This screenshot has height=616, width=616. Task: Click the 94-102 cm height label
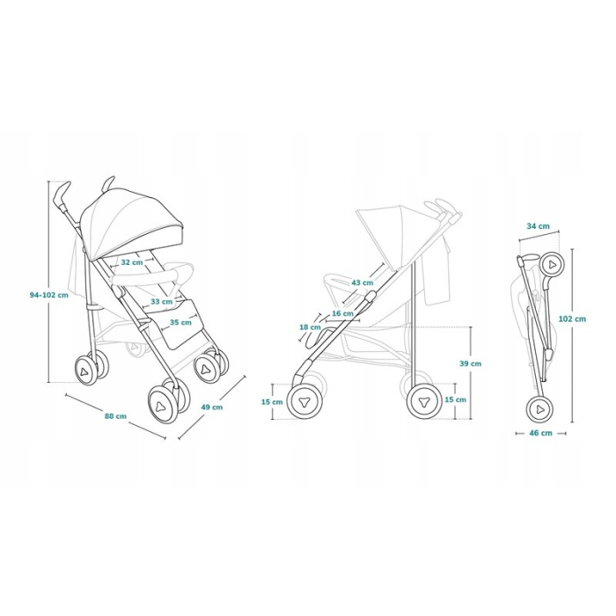49,295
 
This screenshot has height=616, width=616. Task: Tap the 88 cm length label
115,415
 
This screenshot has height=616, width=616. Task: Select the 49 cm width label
212,407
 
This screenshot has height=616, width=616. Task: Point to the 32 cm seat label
132,262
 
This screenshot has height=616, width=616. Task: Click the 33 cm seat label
161,301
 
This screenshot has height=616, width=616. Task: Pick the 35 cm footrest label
180,322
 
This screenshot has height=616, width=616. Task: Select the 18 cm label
310,326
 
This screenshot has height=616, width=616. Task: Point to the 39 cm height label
471,363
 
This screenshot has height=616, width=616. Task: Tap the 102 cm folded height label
574,319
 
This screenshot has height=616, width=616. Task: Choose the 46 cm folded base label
540,433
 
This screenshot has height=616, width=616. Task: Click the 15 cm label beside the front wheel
272,402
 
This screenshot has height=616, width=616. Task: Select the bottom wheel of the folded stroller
540,409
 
